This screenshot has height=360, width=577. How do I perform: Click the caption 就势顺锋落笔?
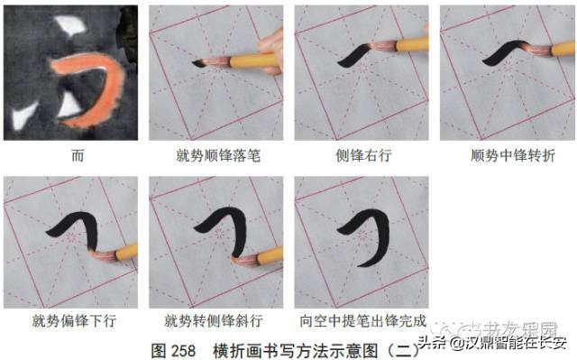(x=217, y=156)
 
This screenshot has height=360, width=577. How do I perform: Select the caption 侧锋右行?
(x=362, y=156)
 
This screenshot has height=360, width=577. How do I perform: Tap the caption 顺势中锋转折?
(x=508, y=156)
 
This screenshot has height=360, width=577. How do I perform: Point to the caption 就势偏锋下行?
(x=71, y=319)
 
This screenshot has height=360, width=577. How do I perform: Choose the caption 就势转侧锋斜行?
(x=216, y=319)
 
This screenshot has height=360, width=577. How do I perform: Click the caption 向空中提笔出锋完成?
(x=362, y=319)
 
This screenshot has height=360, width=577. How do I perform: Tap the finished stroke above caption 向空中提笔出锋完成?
(x=371, y=230)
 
